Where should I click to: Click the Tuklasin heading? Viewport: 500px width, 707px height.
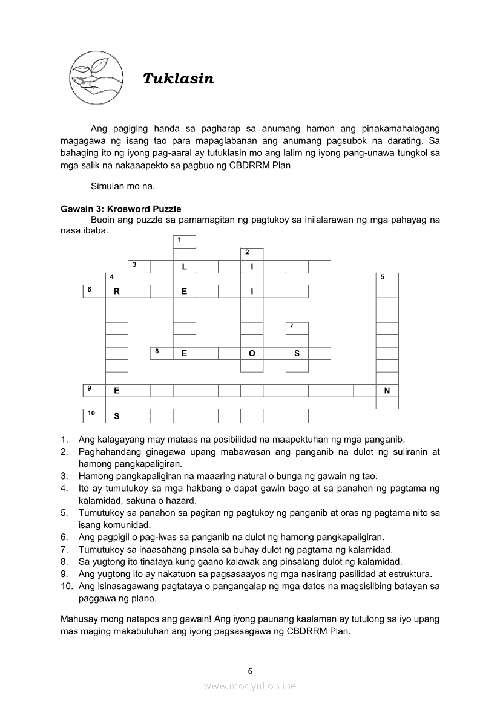(178, 79)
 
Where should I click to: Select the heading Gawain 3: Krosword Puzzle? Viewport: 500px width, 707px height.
(121, 209)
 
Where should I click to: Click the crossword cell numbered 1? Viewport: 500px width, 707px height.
(185, 242)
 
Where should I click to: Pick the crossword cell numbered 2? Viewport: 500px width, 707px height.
(252, 254)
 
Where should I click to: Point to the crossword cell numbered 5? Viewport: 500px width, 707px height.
(387, 279)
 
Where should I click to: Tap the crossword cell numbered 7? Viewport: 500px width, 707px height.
(297, 328)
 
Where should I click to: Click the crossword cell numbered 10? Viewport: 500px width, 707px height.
(94, 415)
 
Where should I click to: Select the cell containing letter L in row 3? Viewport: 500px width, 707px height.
(184, 267)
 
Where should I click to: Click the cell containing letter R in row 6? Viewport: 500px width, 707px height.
(117, 292)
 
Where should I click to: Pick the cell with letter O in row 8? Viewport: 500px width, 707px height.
(252, 354)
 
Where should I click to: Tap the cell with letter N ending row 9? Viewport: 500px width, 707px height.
(387, 391)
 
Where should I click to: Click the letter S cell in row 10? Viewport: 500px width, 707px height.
(117, 416)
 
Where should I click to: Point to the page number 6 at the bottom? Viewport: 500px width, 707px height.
(250, 671)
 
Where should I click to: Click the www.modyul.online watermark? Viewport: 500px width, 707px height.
(250, 686)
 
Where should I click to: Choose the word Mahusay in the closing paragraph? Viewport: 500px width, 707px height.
(77, 619)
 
